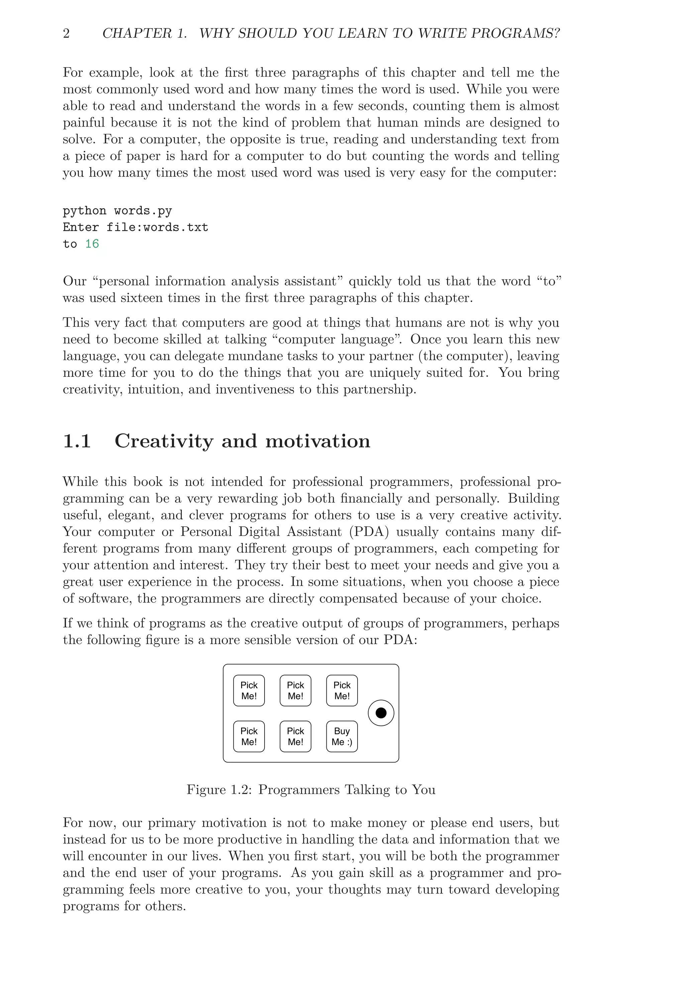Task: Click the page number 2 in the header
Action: click(66, 33)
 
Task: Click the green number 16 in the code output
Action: click(92, 244)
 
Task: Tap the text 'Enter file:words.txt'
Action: click(135, 227)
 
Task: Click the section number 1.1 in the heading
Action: click(77, 441)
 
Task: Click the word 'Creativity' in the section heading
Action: click(164, 441)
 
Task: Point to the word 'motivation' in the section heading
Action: click(318, 441)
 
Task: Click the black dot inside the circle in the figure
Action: click(381, 713)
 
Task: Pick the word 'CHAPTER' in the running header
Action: click(137, 33)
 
